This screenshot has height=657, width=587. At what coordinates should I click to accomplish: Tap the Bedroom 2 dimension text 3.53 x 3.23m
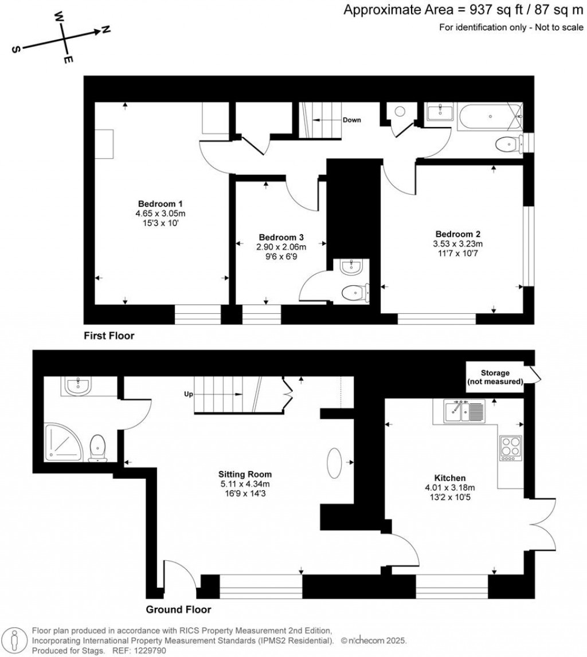pos(457,243)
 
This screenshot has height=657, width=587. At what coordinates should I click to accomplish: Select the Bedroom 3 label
pos(281,237)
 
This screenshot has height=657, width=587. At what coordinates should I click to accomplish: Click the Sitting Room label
pos(245,474)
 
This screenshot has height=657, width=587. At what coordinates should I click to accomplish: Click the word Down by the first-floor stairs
pos(351,120)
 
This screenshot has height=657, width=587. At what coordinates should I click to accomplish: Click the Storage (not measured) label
pos(495,377)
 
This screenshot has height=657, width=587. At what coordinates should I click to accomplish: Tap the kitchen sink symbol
pos(464,410)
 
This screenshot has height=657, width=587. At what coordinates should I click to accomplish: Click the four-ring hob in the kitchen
pos(510,447)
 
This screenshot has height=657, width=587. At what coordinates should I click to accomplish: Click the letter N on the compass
pos(105,30)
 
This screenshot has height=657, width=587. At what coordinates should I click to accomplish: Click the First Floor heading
pos(109,336)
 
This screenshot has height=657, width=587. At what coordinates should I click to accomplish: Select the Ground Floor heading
pos(178,609)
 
